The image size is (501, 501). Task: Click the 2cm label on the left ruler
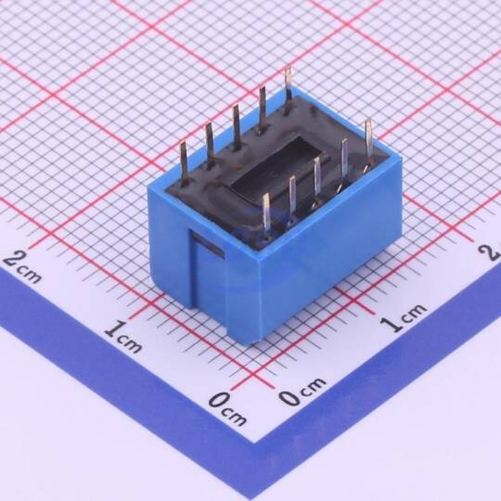[21, 268]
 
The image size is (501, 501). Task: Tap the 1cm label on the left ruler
[123, 337]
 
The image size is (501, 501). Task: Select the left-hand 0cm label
[228, 408]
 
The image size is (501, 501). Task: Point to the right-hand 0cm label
[302, 391]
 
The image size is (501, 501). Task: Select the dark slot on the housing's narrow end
[208, 245]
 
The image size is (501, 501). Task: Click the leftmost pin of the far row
[185, 163]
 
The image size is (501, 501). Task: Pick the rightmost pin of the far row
[288, 89]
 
